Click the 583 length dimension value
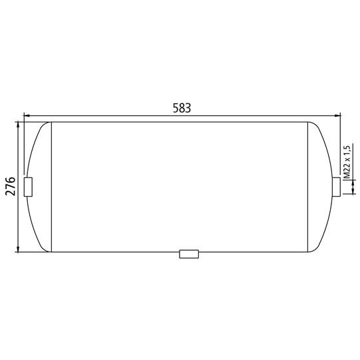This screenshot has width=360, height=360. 182,108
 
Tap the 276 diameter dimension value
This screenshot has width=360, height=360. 11,186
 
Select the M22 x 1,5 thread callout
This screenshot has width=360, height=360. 347,162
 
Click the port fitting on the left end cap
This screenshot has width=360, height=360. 28,187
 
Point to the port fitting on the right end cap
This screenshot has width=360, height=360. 336,187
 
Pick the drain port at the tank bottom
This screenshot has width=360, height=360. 189,254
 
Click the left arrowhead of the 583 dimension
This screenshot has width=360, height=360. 27,116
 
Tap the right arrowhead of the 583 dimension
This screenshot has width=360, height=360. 337,116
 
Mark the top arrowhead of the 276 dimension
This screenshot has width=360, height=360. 18,125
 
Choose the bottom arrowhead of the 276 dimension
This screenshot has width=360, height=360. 18,249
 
